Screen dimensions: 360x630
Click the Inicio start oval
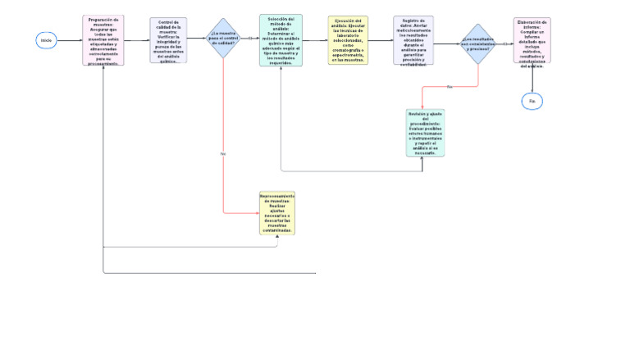47,39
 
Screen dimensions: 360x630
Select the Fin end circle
532,100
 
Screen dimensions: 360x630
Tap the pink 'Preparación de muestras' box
103,40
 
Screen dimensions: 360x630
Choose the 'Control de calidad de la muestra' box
168,40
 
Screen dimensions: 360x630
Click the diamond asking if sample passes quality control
222,39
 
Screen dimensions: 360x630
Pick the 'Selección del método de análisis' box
281,40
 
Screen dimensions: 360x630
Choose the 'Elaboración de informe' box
532,41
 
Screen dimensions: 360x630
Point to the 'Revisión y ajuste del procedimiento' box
425,132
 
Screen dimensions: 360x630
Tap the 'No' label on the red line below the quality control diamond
223,153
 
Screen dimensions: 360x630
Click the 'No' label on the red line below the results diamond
450,86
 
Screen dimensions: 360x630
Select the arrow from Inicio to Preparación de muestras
71,39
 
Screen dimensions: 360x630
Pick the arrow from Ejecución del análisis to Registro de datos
380,39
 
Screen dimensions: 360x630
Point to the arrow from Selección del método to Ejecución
315,39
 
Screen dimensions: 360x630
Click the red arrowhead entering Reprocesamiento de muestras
256,213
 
